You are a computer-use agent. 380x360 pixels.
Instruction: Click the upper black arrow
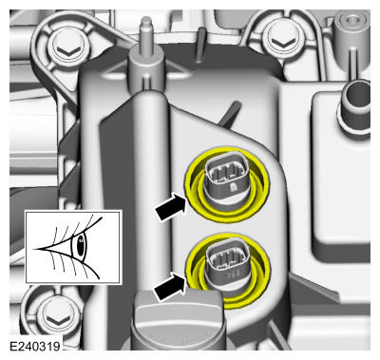click(x=171, y=208)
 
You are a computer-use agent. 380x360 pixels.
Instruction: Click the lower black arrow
click(x=170, y=287)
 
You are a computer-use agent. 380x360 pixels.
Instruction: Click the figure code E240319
click(x=35, y=346)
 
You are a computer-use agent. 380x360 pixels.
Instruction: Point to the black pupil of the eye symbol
click(x=81, y=246)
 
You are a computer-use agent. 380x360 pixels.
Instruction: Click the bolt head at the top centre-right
click(x=281, y=41)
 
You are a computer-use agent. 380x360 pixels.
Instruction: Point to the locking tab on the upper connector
click(x=233, y=187)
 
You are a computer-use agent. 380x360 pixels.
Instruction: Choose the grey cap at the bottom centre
click(x=179, y=320)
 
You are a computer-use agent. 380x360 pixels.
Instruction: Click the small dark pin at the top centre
click(x=200, y=45)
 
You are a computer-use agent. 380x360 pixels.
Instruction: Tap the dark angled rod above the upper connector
click(x=231, y=114)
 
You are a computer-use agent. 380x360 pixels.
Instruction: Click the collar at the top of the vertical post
click(x=146, y=69)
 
